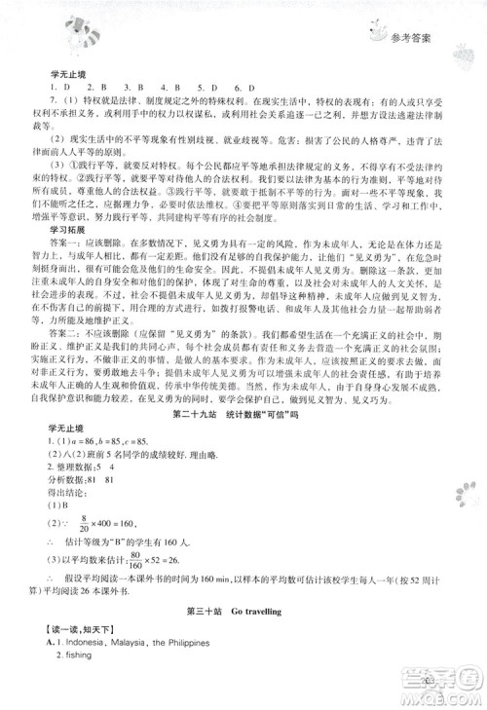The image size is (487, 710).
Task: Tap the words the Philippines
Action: [x=185, y=643]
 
